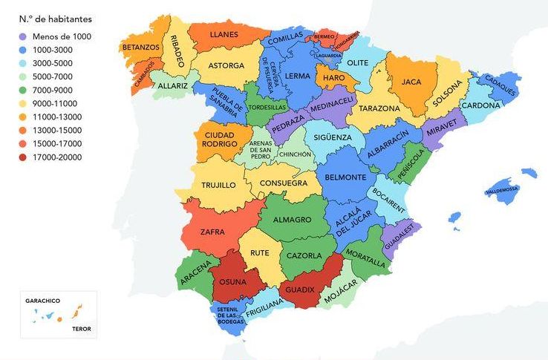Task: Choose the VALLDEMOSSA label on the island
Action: tap(501, 190)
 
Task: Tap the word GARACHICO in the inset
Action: tap(42, 301)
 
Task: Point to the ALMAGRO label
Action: tap(291, 220)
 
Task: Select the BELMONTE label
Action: tap(346, 178)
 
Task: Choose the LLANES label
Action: tap(224, 34)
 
